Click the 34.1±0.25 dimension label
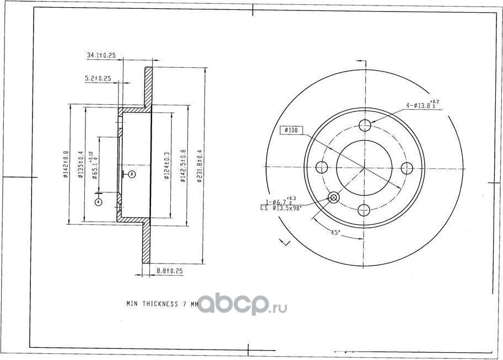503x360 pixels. click(x=101, y=55)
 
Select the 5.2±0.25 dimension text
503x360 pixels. click(x=98, y=78)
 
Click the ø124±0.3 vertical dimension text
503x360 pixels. click(x=167, y=164)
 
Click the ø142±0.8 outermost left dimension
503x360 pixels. click(x=66, y=164)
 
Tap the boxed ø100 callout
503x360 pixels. click(x=290, y=130)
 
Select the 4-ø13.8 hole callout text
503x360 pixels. click(x=423, y=104)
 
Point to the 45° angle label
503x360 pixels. click(x=334, y=233)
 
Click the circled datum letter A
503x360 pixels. click(x=99, y=202)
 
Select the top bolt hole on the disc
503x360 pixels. click(x=365, y=125)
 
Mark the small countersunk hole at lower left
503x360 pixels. click(x=333, y=197)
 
